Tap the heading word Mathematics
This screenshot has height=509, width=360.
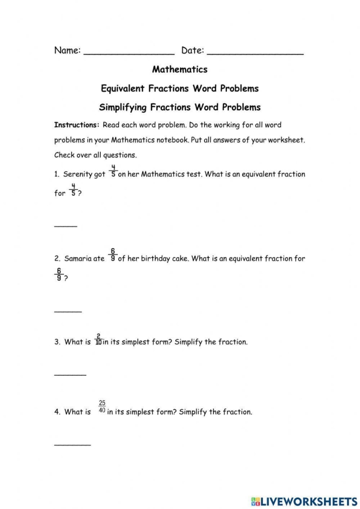pyautogui.click(x=179, y=69)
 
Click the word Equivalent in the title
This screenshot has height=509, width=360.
pyautogui.click(x=123, y=89)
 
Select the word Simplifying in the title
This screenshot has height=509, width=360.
pyautogui.click(x=123, y=108)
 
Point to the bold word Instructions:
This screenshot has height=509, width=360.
pyautogui.click(x=77, y=125)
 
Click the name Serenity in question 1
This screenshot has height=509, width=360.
pyautogui.click(x=78, y=174)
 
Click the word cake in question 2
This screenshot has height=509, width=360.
pyautogui.click(x=179, y=259)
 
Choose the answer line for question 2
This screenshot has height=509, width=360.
pyautogui.click(x=68, y=311)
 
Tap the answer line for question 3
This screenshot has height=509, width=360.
pyautogui.click(x=70, y=375)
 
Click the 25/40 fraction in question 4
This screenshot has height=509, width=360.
pyautogui.click(x=102, y=407)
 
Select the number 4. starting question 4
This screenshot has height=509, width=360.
pyautogui.click(x=58, y=412)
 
